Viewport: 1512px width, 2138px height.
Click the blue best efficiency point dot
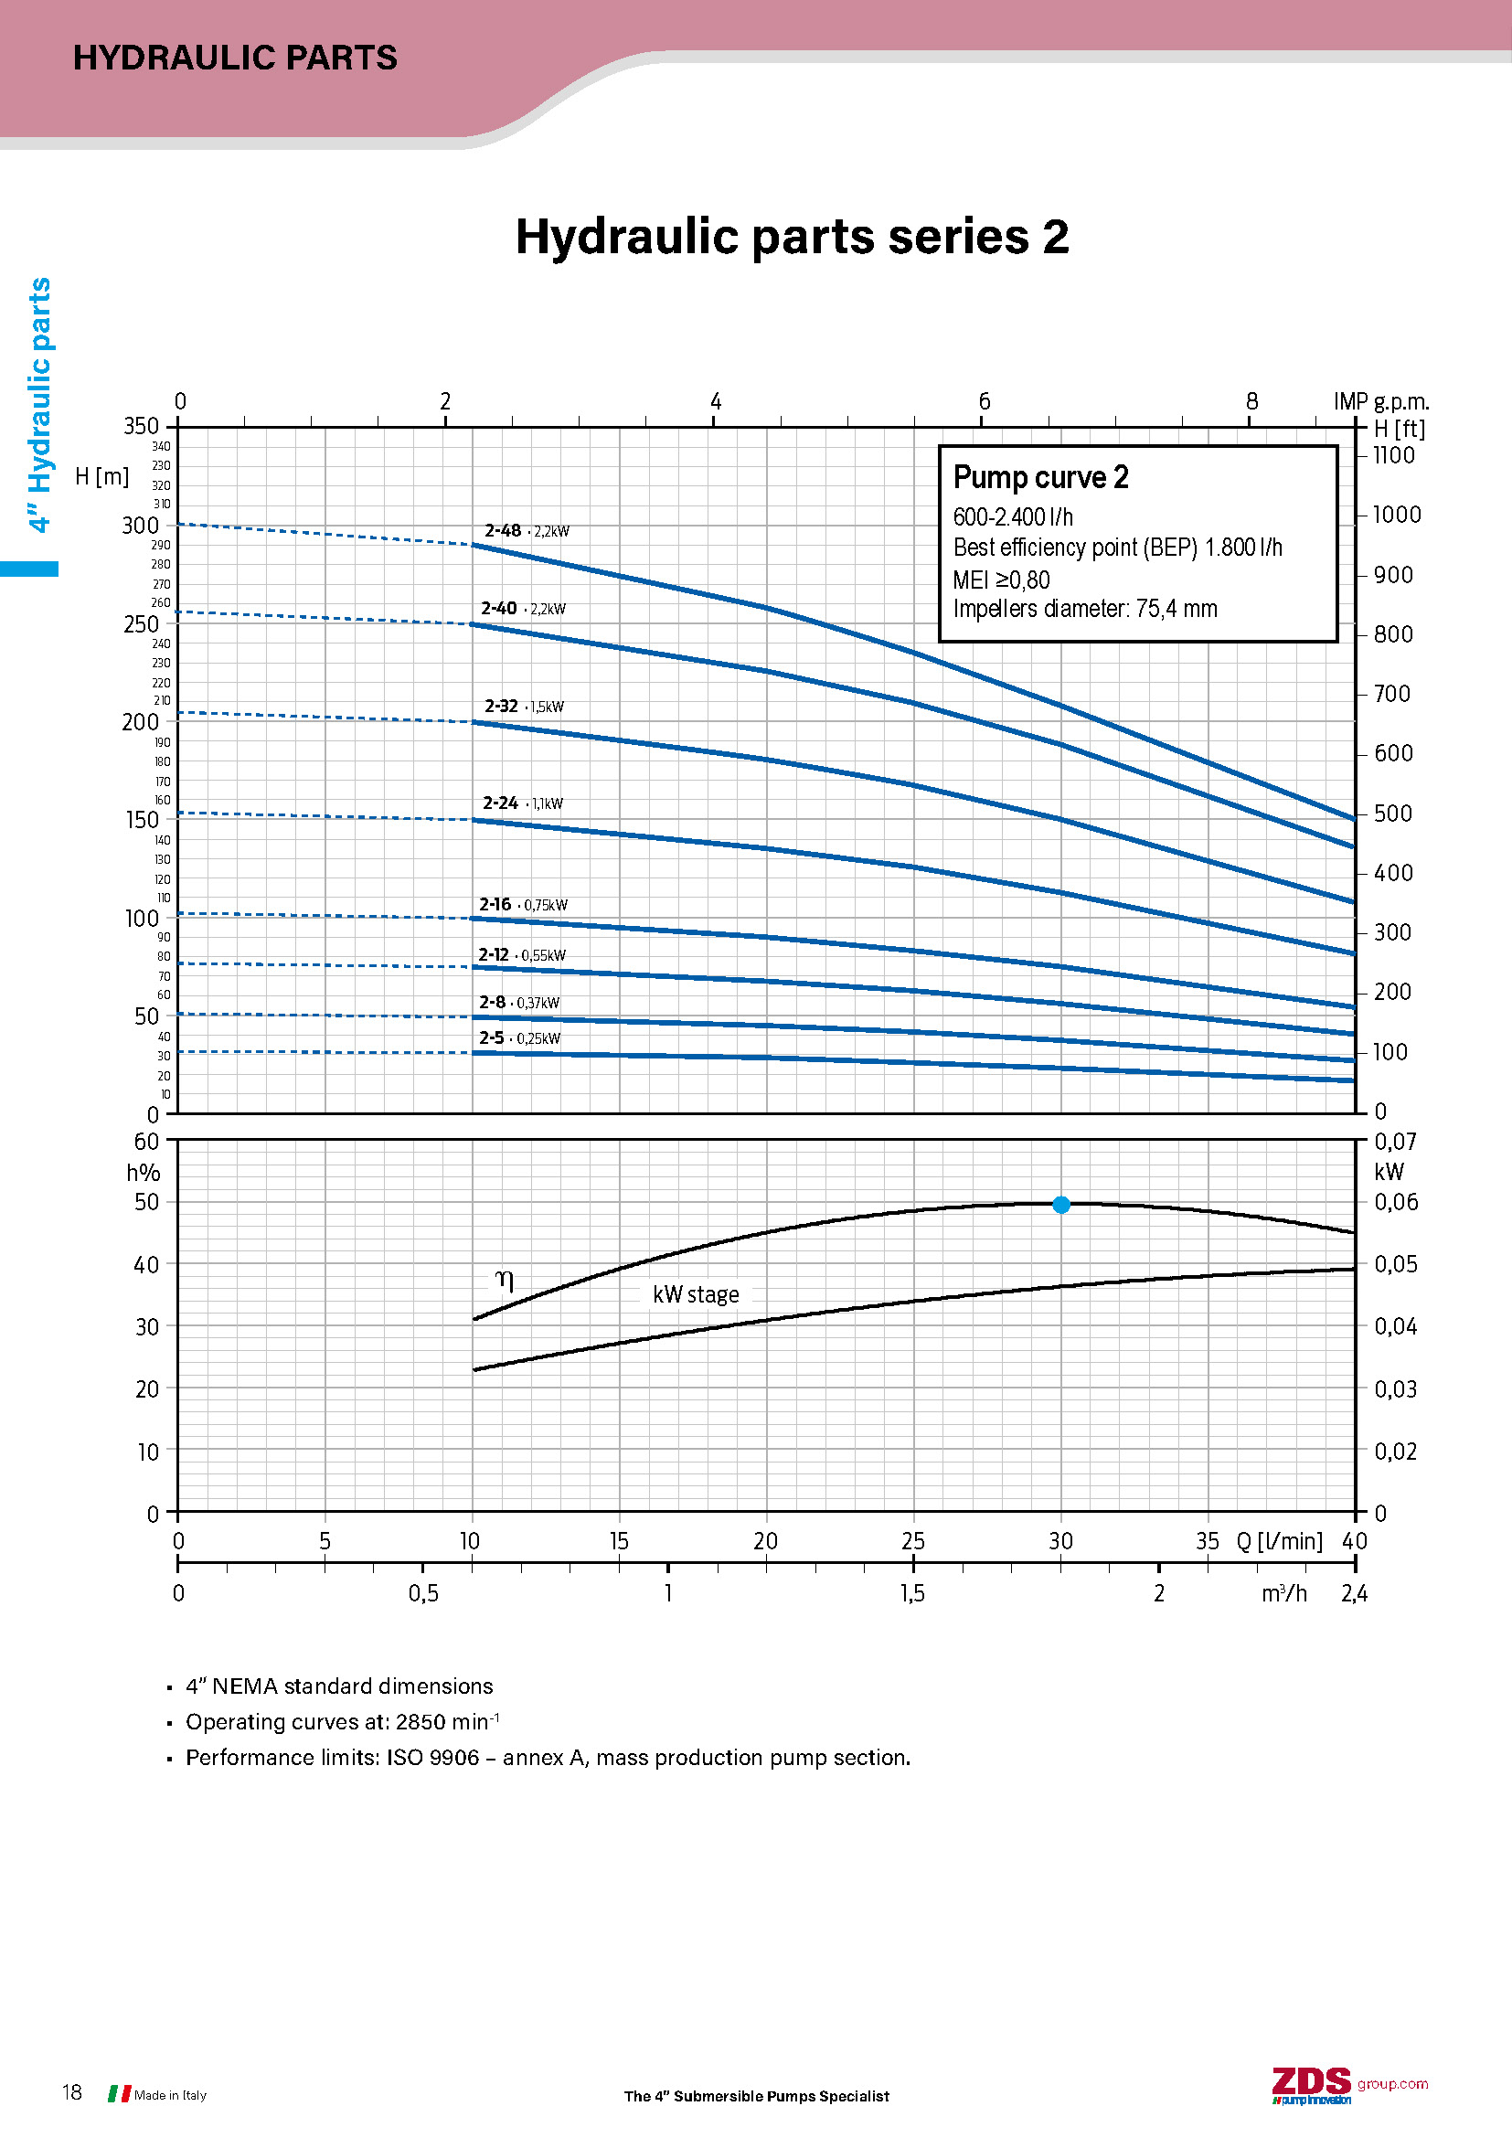pyautogui.click(x=1060, y=1204)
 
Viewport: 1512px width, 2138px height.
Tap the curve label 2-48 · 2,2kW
pyautogui.click(x=526, y=531)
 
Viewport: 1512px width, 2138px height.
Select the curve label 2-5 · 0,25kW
pyautogui.click(x=519, y=1037)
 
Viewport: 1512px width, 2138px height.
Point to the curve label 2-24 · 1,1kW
pyautogui.click(x=522, y=803)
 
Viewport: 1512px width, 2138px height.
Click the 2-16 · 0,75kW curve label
pyautogui.click(x=522, y=904)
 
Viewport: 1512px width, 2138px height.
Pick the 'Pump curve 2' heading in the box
pyautogui.click(x=1040, y=477)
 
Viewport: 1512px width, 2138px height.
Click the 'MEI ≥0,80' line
pyautogui.click(x=1001, y=580)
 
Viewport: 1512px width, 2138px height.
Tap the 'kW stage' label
pyautogui.click(x=696, y=1294)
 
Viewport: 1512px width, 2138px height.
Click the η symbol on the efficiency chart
pyautogui.click(x=504, y=1281)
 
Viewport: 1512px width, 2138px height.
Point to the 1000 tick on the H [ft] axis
pyautogui.click(x=1397, y=515)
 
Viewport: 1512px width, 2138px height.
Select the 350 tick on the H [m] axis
pyautogui.click(x=142, y=426)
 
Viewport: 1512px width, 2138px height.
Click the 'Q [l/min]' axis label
pyautogui.click(x=1278, y=1541)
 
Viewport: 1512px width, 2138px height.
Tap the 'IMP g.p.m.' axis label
pyautogui.click(x=1380, y=401)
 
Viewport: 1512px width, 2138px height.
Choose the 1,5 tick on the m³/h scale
pyautogui.click(x=912, y=1593)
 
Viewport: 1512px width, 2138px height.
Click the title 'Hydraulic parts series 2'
pyautogui.click(x=792, y=237)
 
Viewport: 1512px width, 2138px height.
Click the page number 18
pyautogui.click(x=71, y=2092)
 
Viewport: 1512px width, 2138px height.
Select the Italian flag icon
pyautogui.click(x=119, y=2093)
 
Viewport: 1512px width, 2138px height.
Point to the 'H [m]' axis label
pyautogui.click(x=101, y=477)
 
